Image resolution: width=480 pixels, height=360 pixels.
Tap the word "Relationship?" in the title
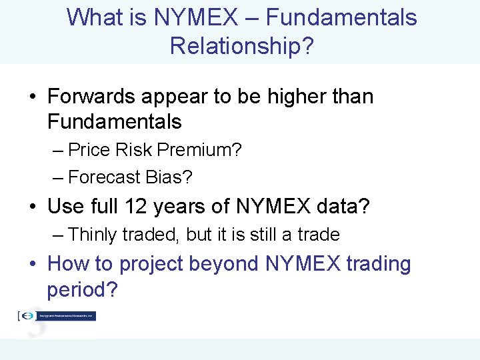click(x=241, y=46)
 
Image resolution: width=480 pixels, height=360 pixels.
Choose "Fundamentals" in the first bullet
click(x=114, y=122)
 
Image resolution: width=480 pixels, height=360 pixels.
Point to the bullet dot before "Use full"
click(x=33, y=207)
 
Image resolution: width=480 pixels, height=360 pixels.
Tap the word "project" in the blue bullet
click(x=151, y=265)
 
